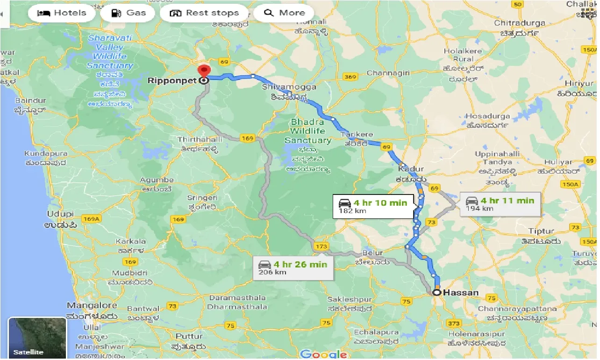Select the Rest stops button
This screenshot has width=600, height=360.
tap(204, 13)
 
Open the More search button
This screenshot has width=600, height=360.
tap(284, 13)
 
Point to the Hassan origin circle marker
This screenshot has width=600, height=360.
tap(436, 293)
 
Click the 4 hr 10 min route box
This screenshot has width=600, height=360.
tap(373, 206)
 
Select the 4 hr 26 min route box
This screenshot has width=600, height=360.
tap(293, 268)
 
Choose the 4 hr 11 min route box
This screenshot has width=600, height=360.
tap(500, 204)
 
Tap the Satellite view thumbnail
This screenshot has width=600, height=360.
tap(37, 338)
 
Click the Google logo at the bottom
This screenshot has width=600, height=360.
tap(324, 354)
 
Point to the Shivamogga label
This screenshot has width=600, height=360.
tap(289, 87)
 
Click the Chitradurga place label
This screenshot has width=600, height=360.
tap(520, 23)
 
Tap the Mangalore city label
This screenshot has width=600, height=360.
tap(92, 306)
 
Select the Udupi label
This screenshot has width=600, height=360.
tap(60, 214)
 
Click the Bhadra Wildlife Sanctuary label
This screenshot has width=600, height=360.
tap(308, 131)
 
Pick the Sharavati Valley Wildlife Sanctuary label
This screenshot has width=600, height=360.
tap(110, 51)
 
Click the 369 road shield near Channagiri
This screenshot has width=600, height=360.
tap(349, 76)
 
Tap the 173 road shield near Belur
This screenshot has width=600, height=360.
tap(321, 246)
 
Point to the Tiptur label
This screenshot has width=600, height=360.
tap(541, 231)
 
